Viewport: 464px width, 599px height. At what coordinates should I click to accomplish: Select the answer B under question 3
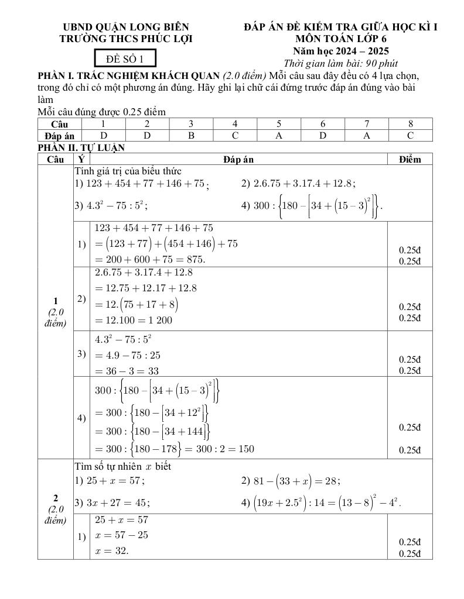click(191, 136)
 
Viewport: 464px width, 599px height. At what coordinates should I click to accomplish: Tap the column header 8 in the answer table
click(411, 124)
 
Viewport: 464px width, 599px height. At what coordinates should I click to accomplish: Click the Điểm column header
click(410, 159)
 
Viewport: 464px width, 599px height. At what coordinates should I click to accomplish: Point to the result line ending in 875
click(150, 259)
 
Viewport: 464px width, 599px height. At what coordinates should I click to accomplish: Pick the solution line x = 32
click(112, 550)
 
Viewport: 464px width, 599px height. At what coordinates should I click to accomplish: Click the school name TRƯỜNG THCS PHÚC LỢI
click(126, 39)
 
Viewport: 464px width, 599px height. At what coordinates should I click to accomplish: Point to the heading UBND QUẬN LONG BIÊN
click(126, 27)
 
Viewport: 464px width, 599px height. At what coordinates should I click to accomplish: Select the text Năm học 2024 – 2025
click(341, 51)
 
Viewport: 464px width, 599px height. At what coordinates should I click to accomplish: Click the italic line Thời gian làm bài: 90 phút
click(341, 63)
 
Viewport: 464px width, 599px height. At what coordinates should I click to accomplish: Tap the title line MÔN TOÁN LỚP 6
click(341, 39)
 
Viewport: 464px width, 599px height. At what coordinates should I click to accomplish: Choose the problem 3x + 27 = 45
click(112, 502)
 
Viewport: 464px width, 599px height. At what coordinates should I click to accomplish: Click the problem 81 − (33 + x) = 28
click(291, 481)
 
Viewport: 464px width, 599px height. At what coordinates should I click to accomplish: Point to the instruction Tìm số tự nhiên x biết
click(123, 467)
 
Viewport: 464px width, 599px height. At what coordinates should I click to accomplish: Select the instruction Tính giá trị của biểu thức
click(128, 171)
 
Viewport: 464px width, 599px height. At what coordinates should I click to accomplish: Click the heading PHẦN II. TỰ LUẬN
click(81, 148)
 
